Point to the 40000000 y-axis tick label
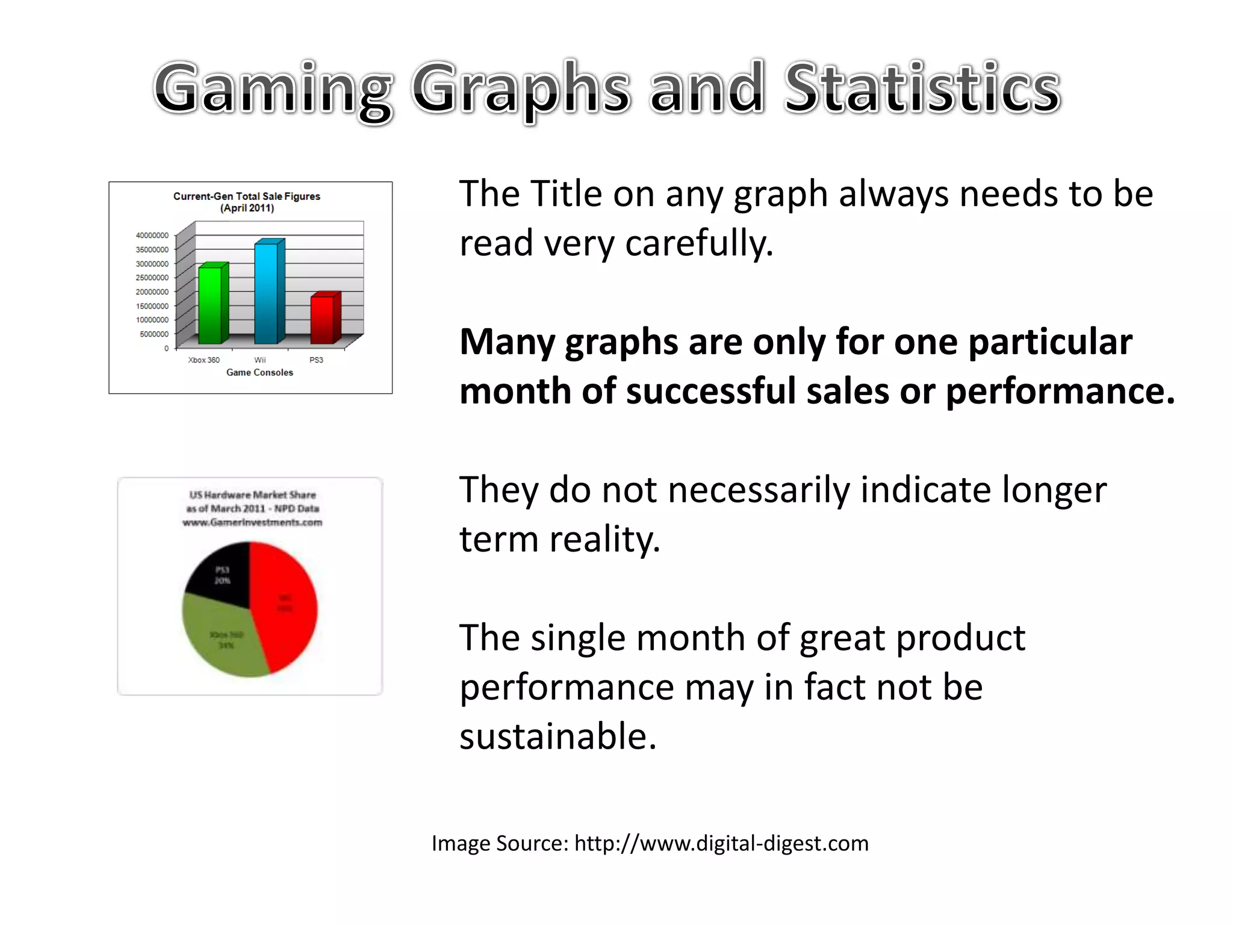(x=152, y=235)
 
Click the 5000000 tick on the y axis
(x=154, y=334)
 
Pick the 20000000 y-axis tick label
(x=152, y=292)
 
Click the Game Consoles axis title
(x=259, y=373)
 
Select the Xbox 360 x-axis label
(x=203, y=360)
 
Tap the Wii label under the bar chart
(x=259, y=360)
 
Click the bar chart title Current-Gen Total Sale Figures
(x=247, y=196)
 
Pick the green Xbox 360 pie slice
(x=223, y=638)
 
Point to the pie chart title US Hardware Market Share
(x=252, y=495)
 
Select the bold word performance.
(x=1060, y=391)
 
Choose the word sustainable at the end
(x=557, y=737)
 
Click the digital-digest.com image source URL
(x=721, y=844)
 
